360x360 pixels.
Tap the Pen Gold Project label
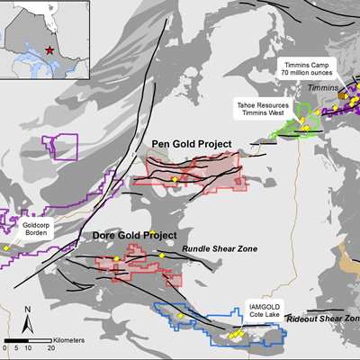(191, 144)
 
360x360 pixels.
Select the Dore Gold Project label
(134, 236)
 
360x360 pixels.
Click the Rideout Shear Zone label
(322, 319)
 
